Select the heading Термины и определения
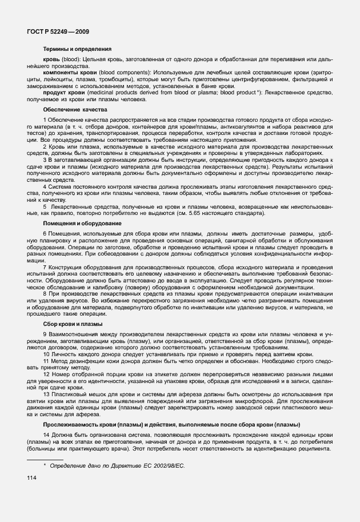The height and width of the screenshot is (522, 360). pos(77,49)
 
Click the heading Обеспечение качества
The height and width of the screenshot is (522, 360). pos(75,109)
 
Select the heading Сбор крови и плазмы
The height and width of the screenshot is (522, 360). pos(73,324)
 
